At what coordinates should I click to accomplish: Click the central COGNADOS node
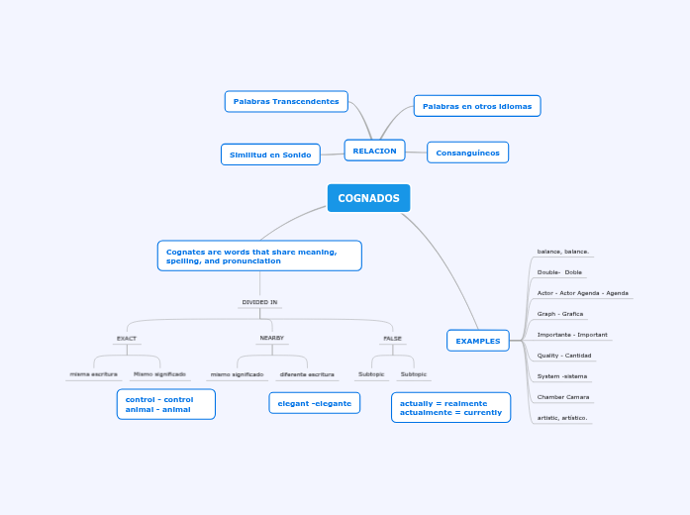[x=368, y=198]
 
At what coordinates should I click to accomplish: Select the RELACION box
[x=374, y=151]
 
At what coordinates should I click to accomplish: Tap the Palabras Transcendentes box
[x=286, y=101]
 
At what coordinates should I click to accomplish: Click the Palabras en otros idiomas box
[x=476, y=106]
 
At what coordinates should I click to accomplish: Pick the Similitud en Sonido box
[x=270, y=154]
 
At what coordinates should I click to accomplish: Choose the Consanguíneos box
[x=467, y=153]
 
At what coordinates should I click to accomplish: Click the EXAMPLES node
[x=477, y=341]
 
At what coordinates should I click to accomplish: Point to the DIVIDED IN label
[x=259, y=302]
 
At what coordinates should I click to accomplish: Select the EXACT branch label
[x=127, y=338]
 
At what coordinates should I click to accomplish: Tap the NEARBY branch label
[x=271, y=338]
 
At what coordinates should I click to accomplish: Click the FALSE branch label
[x=392, y=338]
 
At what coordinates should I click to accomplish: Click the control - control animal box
[x=165, y=404]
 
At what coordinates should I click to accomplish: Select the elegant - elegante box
[x=314, y=403]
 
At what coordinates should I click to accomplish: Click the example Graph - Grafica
[x=560, y=313]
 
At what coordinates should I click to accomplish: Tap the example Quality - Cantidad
[x=564, y=355]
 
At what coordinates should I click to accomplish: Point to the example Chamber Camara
[x=563, y=396]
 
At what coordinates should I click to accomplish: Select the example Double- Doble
[x=559, y=271]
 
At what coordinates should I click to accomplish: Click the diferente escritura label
[x=306, y=374]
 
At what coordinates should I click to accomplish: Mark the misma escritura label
[x=93, y=373]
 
